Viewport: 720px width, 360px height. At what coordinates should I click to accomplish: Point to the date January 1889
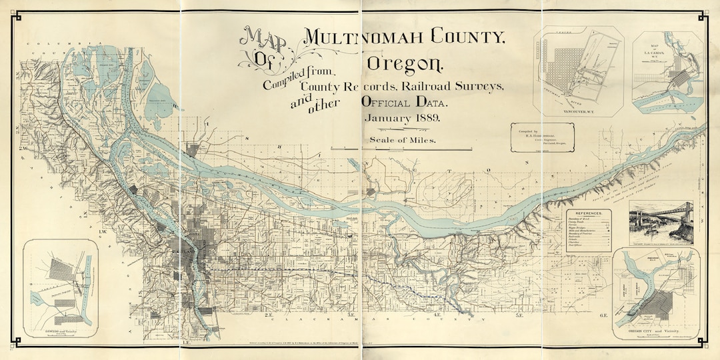pos(406,118)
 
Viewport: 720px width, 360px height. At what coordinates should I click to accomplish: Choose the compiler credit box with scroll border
pos(540,138)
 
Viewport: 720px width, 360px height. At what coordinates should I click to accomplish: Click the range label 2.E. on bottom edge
pos(269,315)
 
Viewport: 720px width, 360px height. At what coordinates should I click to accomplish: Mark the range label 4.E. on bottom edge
pos(439,315)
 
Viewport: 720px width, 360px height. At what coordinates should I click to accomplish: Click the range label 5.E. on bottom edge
pos(519,315)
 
